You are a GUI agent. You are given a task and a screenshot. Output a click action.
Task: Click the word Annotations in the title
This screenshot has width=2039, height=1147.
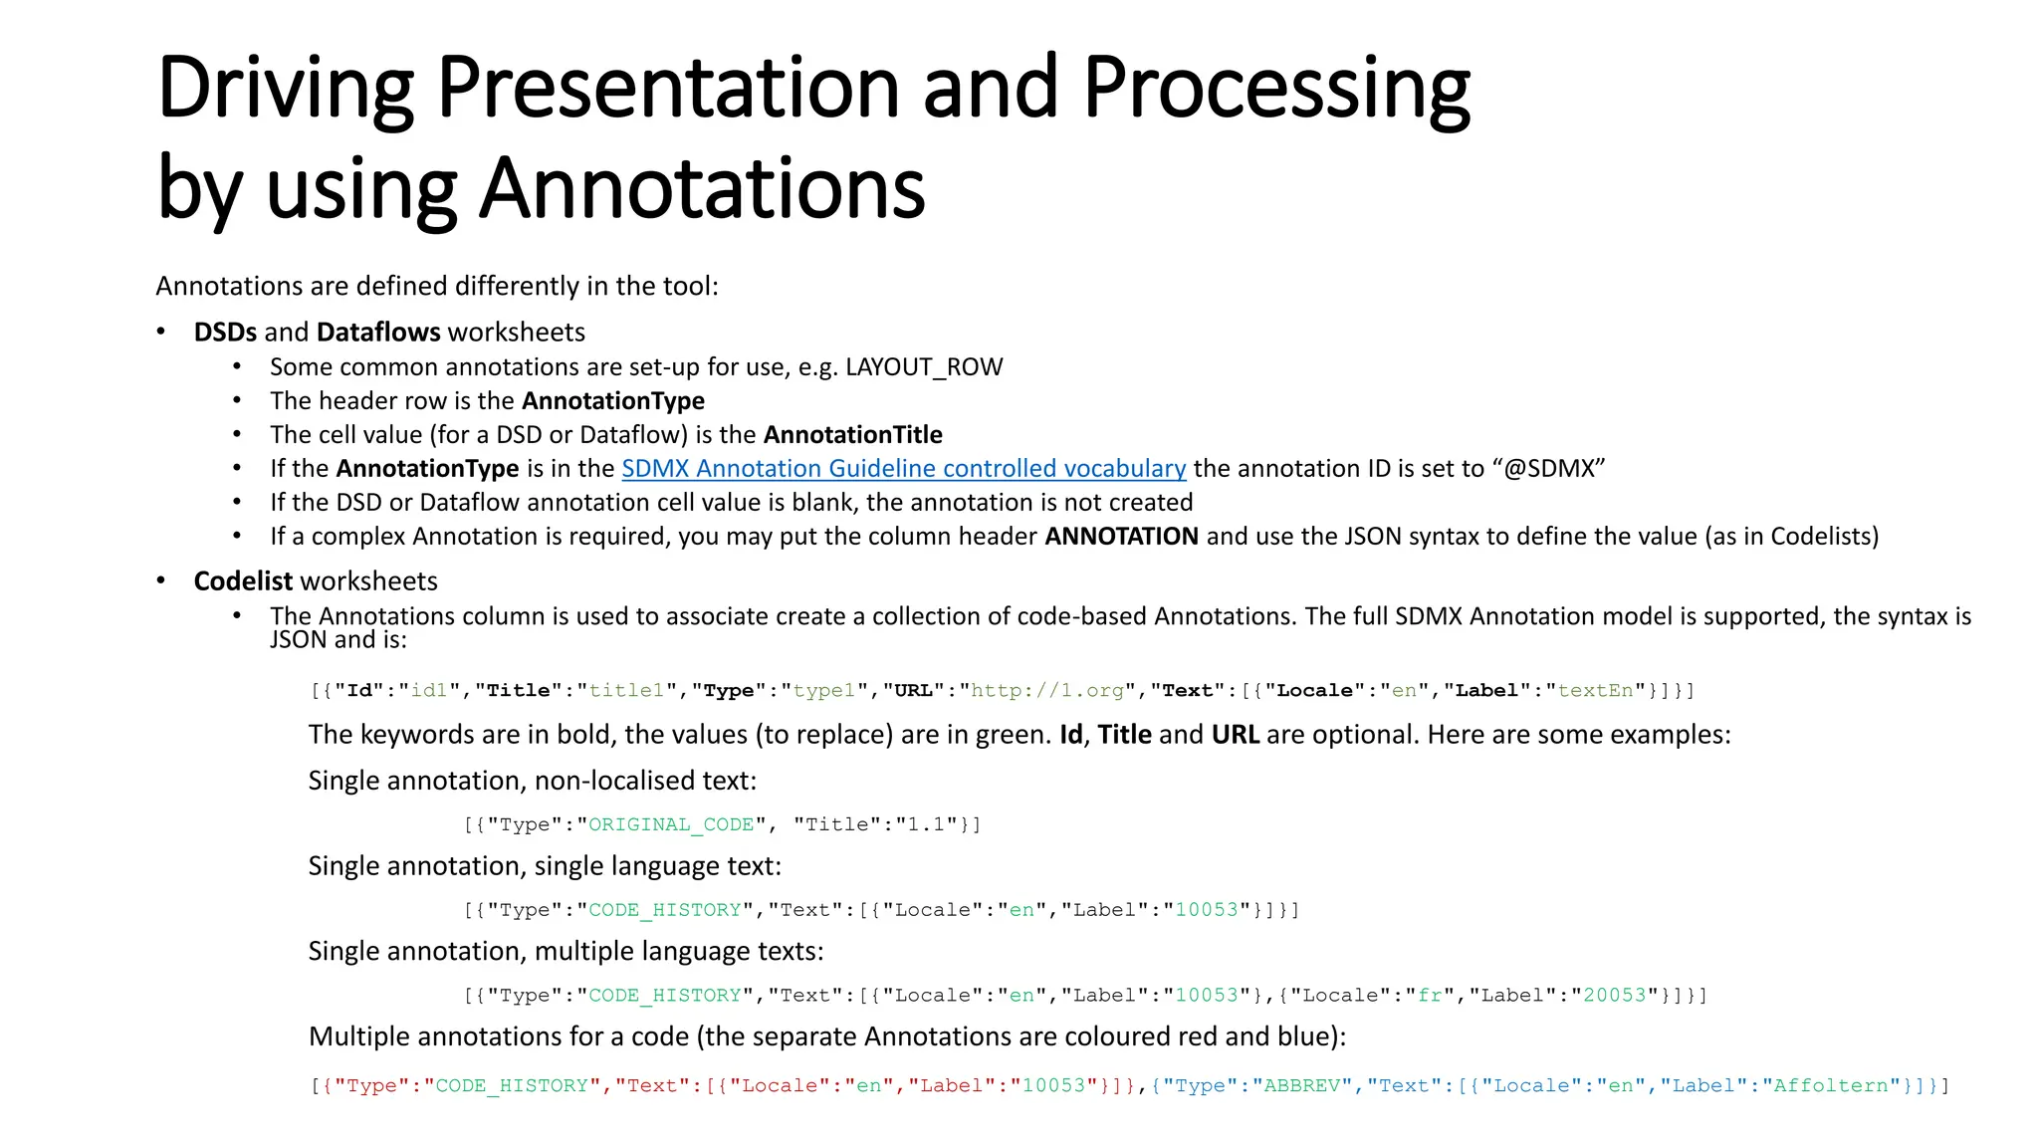[x=702, y=188]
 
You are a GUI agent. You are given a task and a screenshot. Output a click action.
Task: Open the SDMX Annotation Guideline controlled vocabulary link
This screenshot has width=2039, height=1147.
[x=903, y=469]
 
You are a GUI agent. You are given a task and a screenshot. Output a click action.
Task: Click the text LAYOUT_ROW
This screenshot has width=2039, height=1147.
[x=924, y=367]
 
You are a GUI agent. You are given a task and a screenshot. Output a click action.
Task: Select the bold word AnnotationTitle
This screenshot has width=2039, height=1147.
[x=852, y=435]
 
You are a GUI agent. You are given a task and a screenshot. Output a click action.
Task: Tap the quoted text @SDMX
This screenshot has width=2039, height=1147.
[x=1548, y=469]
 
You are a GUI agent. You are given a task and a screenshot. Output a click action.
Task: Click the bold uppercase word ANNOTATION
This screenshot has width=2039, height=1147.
[x=1121, y=537]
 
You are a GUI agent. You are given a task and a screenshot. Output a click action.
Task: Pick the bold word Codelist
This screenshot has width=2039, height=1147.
[x=243, y=581]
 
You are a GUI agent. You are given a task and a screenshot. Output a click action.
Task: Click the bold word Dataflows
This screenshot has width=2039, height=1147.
[x=378, y=333]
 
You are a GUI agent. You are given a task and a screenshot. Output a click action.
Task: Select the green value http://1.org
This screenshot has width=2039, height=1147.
[x=1046, y=691]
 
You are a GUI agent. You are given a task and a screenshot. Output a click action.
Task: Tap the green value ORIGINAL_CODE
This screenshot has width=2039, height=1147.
[x=671, y=825]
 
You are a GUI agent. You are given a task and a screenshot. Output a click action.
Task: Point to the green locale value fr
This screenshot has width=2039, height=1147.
[x=1430, y=996]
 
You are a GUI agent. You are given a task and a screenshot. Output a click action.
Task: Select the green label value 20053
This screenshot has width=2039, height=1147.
[x=1615, y=996]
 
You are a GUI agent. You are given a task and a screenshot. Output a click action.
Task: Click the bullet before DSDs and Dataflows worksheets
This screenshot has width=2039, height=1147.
[x=161, y=333]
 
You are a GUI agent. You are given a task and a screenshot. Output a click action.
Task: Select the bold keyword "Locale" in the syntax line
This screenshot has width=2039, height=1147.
[x=1315, y=691]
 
